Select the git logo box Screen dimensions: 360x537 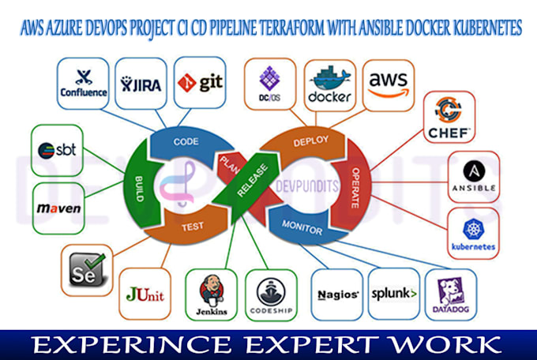click(x=198, y=81)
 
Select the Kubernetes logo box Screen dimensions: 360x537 click(x=473, y=234)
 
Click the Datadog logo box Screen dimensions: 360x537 click(x=451, y=294)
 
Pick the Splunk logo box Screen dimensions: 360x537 click(x=392, y=294)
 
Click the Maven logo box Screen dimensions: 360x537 click(x=58, y=209)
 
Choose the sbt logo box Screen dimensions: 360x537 click(x=58, y=149)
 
